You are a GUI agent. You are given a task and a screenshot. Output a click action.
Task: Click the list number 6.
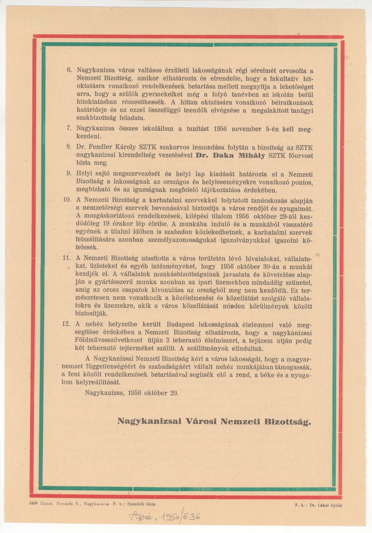tap(69, 70)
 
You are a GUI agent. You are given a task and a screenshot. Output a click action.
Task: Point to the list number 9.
tap(69, 173)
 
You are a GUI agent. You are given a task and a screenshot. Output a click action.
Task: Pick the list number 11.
tap(67, 258)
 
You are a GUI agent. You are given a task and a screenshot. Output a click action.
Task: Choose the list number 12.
tap(66, 324)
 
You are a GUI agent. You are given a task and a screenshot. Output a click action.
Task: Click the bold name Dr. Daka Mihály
tap(230, 156)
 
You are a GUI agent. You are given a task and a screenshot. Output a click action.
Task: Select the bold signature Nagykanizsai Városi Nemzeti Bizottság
tap(214, 421)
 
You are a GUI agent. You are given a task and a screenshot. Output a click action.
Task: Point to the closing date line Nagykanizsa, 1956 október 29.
tap(132, 393)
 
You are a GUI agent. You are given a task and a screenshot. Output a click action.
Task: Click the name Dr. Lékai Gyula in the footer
tap(325, 505)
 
